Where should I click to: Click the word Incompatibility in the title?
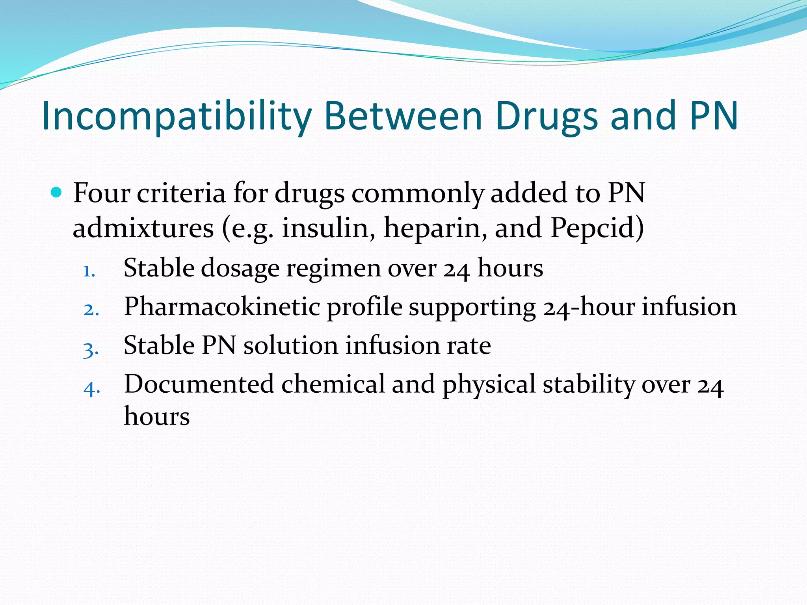(177, 116)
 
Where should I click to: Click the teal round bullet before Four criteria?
(57, 193)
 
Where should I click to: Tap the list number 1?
(89, 271)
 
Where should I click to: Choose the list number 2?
(91, 310)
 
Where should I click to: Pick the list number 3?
(91, 349)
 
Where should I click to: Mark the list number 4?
(91, 388)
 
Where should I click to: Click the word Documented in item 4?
(199, 384)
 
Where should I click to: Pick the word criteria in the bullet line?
(181, 193)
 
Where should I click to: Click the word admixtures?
(143, 228)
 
